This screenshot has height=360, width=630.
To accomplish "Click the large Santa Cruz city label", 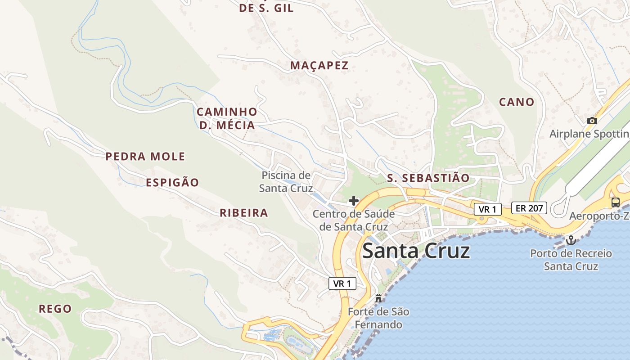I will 416,251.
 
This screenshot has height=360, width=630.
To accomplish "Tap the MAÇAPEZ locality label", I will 319,66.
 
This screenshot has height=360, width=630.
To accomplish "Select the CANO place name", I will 517,102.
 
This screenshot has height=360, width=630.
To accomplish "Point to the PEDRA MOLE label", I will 145,157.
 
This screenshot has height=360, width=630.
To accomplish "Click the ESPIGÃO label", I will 172,183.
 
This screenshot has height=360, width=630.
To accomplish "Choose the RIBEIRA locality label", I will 244,213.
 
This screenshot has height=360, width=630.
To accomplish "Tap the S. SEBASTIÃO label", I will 428,178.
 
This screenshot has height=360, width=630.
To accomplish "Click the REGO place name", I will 55,309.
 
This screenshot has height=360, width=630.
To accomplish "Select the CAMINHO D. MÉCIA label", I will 227,118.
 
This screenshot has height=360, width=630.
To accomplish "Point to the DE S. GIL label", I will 266,8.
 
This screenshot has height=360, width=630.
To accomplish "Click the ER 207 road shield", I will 529,208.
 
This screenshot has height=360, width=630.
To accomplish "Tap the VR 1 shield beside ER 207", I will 487,209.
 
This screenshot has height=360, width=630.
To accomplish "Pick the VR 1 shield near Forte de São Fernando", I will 342,283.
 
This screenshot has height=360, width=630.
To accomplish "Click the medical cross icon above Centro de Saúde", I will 354,201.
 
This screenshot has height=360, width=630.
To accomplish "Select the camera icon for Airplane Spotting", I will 592,121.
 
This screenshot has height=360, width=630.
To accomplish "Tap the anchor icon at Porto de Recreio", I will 571,240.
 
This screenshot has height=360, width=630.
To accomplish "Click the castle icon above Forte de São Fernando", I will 378,298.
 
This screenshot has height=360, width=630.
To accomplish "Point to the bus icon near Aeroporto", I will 615,202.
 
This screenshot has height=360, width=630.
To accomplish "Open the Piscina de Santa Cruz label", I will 286,182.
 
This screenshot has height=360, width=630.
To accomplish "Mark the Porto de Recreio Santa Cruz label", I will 571,260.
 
